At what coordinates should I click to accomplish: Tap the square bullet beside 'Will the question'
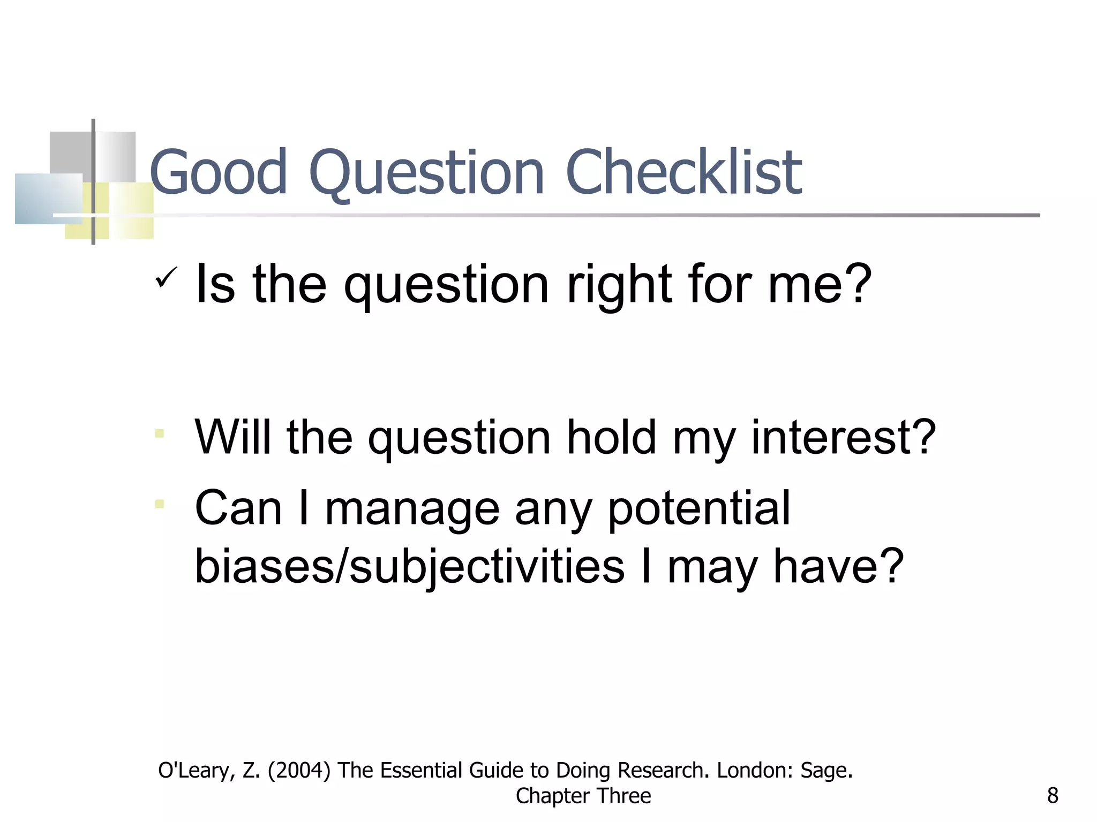coord(160,433)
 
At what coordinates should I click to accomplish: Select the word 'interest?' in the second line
coord(843,437)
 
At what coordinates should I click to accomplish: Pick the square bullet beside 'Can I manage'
coord(160,504)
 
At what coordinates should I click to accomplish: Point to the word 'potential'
coord(698,508)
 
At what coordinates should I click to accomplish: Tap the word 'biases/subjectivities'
coord(409,567)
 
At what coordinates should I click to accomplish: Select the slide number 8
coord(1052,796)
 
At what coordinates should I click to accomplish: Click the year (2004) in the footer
coord(299,771)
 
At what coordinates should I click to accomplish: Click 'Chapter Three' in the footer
coord(583,796)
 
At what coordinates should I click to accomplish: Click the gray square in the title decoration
coord(71,153)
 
